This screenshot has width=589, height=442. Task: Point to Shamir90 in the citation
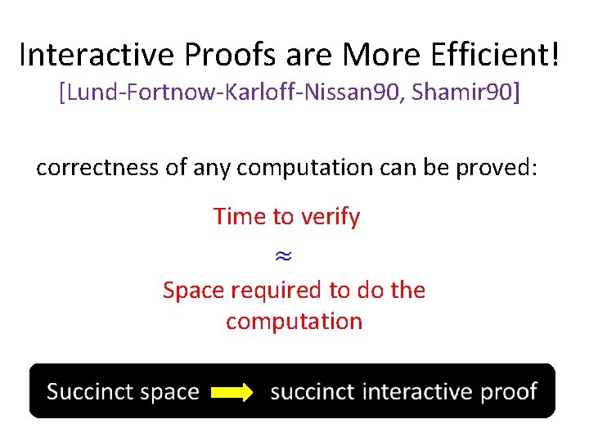tap(465, 92)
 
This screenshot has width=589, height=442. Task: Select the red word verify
tap(330, 217)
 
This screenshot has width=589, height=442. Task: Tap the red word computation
tap(294, 321)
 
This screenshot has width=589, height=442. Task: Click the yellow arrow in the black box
tap(232, 393)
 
